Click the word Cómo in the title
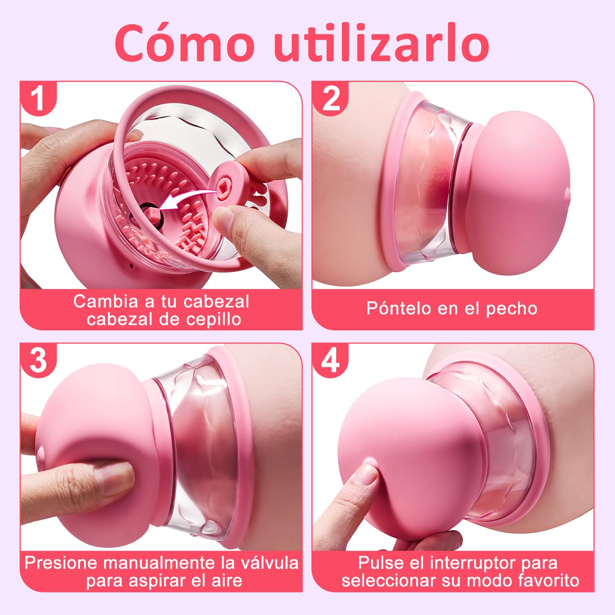(x=184, y=43)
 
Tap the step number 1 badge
(x=38, y=98)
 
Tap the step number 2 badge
(x=330, y=98)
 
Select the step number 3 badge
(x=38, y=360)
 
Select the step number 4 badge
(x=330, y=360)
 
